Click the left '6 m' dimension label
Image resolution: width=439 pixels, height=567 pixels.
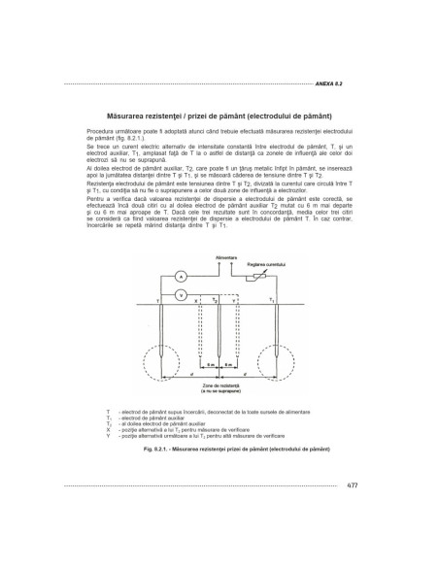pos(211,366)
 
